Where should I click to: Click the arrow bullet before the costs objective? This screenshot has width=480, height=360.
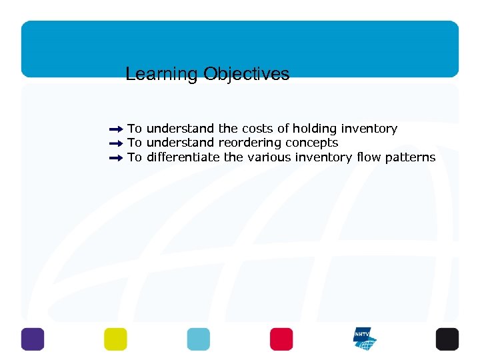[x=116, y=129]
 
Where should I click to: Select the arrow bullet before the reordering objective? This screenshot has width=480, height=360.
[x=116, y=143]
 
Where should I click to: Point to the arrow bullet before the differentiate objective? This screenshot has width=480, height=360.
[x=116, y=158]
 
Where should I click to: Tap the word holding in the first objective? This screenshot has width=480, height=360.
[x=315, y=129]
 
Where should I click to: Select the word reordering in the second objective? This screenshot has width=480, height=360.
[x=251, y=143]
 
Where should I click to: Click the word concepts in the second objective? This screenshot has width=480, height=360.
[x=312, y=143]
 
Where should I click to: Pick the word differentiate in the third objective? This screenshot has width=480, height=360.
[x=183, y=158]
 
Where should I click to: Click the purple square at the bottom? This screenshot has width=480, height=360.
[x=32, y=339]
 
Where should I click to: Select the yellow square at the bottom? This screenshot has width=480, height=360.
[x=115, y=339]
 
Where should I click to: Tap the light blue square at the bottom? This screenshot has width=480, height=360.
[x=198, y=339]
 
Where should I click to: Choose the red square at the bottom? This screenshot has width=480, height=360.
[x=281, y=339]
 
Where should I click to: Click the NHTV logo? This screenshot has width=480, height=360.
[x=365, y=339]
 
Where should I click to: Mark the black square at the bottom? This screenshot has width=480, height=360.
[x=447, y=339]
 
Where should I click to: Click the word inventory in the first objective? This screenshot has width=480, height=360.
[x=369, y=129]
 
